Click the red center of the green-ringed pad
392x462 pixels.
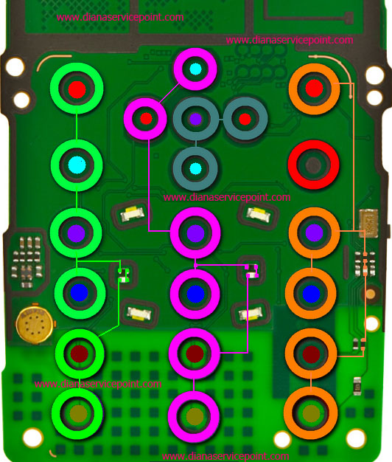77,89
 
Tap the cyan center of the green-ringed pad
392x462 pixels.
77,165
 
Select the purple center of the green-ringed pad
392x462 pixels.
77,233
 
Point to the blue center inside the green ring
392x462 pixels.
79,292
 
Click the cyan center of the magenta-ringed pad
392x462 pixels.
195,69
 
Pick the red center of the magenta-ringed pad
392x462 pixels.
146,118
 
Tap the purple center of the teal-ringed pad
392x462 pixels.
195,119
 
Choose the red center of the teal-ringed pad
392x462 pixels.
245,119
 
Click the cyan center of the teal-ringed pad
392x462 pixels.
195,168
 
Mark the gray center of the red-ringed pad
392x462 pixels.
313,165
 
